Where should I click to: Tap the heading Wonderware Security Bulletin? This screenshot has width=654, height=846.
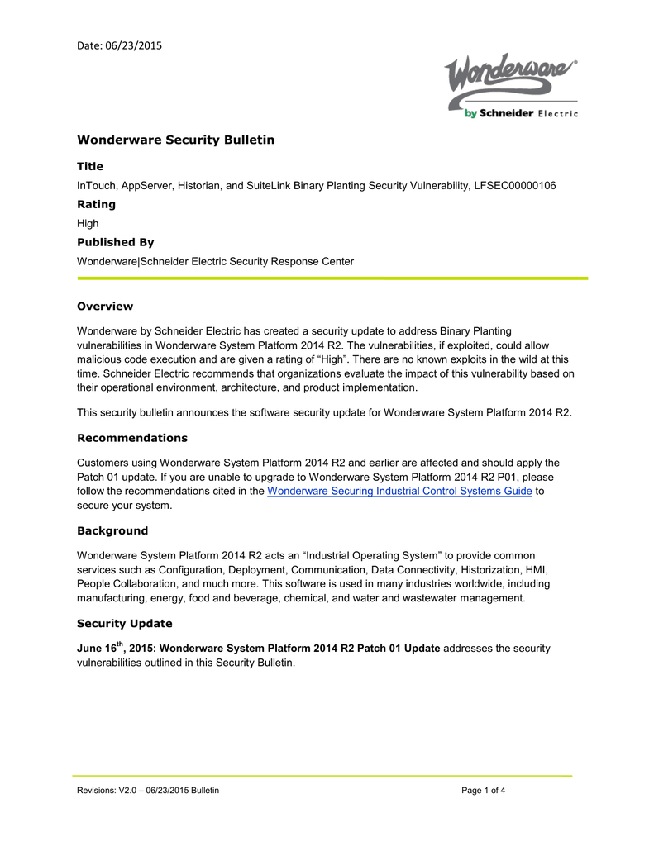175,140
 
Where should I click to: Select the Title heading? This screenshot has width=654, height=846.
90,166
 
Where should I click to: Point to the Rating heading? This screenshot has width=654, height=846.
96,204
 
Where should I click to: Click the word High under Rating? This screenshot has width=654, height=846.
88,223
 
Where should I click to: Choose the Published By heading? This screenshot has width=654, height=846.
115,242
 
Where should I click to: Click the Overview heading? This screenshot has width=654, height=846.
105,307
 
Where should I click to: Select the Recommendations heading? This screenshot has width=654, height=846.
132,438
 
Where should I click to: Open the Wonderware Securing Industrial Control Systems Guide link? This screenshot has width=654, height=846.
399,491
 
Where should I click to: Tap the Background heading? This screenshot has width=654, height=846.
112,530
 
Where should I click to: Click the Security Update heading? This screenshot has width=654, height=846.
124,623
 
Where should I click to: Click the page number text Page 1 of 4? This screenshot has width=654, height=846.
484,791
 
